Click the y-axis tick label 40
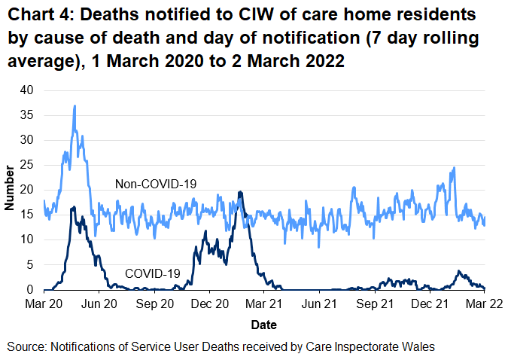click(x=28, y=90)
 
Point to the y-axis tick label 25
click(x=28, y=165)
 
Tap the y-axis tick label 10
click(x=28, y=239)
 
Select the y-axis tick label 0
click(x=31, y=289)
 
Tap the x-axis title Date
click(x=263, y=325)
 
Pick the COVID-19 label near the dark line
click(x=152, y=273)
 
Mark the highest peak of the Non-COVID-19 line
click(x=75, y=106)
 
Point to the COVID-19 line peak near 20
click(x=239, y=192)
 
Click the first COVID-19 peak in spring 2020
click(x=72, y=207)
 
